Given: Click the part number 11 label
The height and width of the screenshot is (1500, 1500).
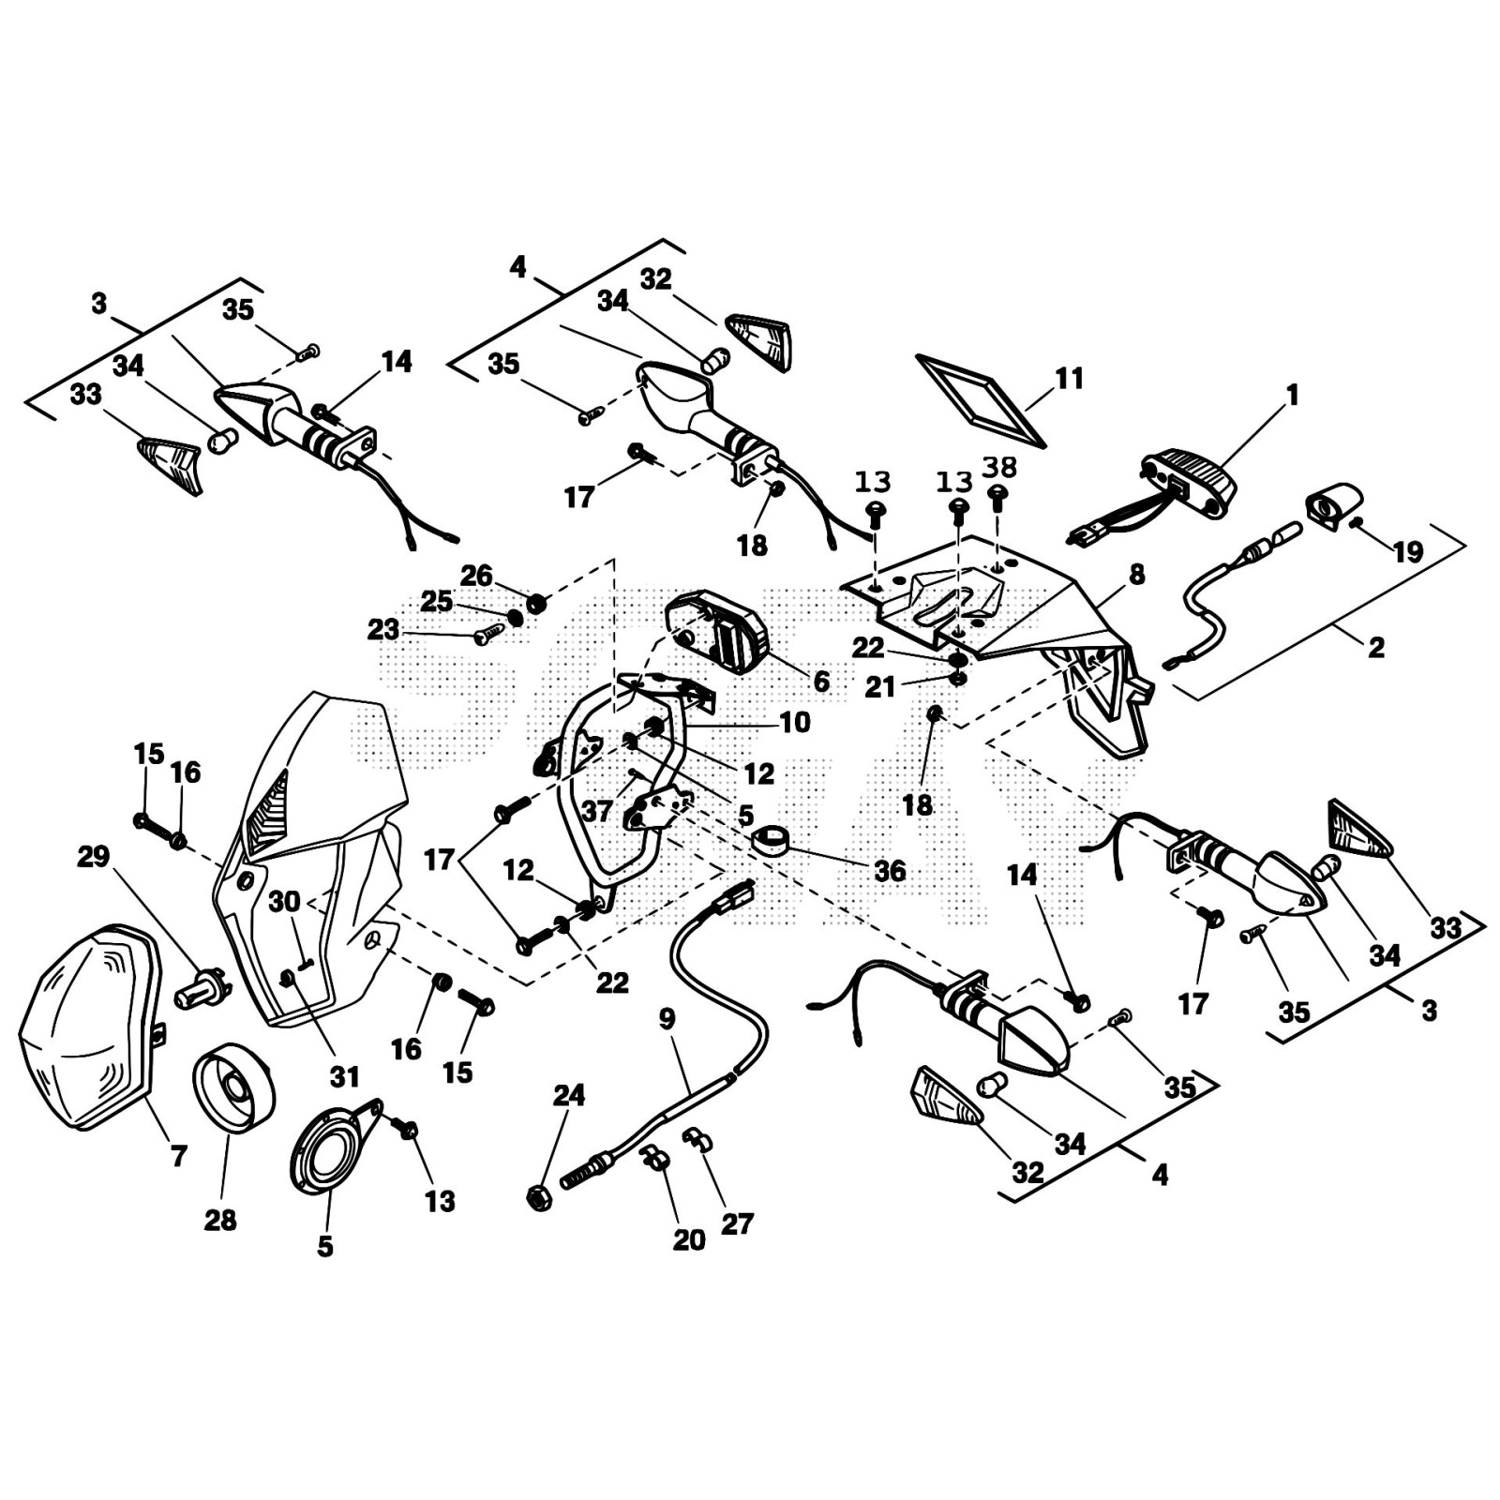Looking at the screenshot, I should pyautogui.click(x=1069, y=379).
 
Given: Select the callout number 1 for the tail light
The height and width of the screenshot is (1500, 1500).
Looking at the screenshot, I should pyautogui.click(x=1293, y=396).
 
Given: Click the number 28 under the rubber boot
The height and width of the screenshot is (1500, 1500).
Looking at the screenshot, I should pyautogui.click(x=221, y=1221).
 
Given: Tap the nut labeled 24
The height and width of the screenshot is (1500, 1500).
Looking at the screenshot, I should pyautogui.click(x=539, y=1195).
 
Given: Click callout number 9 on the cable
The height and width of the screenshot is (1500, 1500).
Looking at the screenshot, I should pyautogui.click(x=667, y=1019).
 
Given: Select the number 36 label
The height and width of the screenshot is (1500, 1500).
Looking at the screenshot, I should pyautogui.click(x=890, y=871).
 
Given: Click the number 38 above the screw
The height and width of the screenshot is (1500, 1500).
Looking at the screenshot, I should pyautogui.click(x=999, y=466).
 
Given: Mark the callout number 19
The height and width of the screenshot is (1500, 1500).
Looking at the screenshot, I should pyautogui.click(x=1408, y=552).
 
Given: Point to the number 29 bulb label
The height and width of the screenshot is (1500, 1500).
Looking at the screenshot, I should pyautogui.click(x=94, y=856).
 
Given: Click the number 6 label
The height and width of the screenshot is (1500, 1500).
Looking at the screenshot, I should pyautogui.click(x=821, y=682).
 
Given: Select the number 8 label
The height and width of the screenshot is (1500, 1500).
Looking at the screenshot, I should pyautogui.click(x=1137, y=575).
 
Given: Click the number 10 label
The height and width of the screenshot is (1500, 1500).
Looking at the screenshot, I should pyautogui.click(x=795, y=723).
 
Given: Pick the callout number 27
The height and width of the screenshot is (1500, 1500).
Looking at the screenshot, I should pyautogui.click(x=738, y=1223).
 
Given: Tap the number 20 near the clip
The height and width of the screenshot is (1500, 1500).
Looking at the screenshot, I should pyautogui.click(x=689, y=1239).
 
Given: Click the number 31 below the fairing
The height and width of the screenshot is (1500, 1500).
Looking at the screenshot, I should pyautogui.click(x=345, y=1077).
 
